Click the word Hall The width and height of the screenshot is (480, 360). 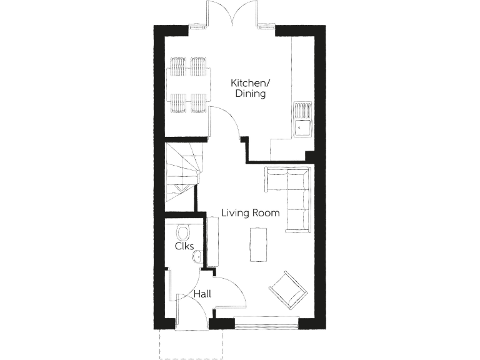[x=201, y=294]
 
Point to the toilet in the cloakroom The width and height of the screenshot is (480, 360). [x=183, y=233]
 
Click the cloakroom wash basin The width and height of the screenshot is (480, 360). [x=196, y=256]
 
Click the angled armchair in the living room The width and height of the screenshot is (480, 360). [x=288, y=290]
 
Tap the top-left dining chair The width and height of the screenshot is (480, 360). [x=178, y=65]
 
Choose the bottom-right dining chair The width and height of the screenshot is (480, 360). [x=199, y=102]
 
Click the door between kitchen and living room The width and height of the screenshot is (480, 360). [x=226, y=122]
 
